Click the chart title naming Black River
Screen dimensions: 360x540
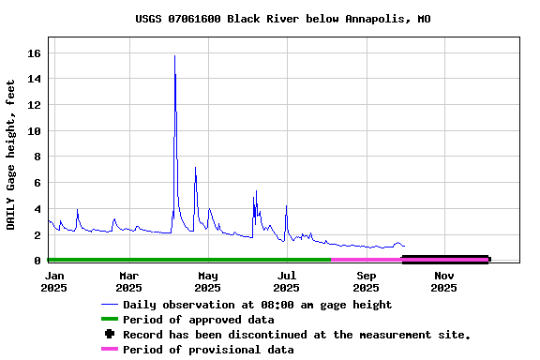pyautogui.click(x=283, y=19)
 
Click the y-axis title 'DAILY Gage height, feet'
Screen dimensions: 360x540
pyautogui.click(x=11, y=155)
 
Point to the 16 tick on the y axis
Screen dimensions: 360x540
pyautogui.click(x=35, y=53)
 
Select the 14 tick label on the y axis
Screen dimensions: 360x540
pyautogui.click(x=35, y=80)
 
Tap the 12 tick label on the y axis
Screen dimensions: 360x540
pyautogui.click(x=35, y=105)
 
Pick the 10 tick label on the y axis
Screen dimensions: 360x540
pyautogui.click(x=35, y=131)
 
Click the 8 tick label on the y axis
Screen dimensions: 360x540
pyautogui.click(x=38, y=157)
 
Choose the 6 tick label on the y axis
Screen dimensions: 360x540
pyautogui.click(x=38, y=183)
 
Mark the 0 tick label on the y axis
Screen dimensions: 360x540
pyautogui.click(x=38, y=261)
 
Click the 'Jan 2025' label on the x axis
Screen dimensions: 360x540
pyautogui.click(x=54, y=281)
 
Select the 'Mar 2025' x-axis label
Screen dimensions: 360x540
pyautogui.click(x=128, y=281)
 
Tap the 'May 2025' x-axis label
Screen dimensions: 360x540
pyautogui.click(x=208, y=281)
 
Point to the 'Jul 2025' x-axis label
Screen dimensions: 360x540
pyautogui.click(x=287, y=281)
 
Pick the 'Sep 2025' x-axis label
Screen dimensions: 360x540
pyautogui.click(x=367, y=281)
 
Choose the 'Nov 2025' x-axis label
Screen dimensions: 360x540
pyautogui.click(x=444, y=281)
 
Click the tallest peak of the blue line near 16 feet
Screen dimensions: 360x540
pyautogui.click(x=174, y=56)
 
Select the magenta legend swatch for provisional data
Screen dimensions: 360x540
pyautogui.click(x=110, y=350)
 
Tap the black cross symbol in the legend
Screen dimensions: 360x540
pyautogui.click(x=110, y=334)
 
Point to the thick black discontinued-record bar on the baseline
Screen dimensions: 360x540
pyautogui.click(x=445, y=259)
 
